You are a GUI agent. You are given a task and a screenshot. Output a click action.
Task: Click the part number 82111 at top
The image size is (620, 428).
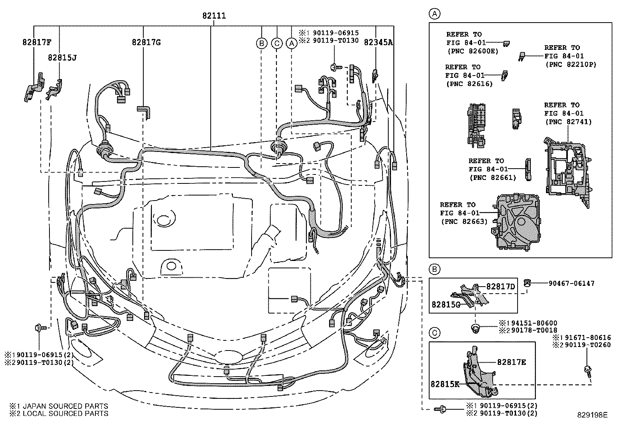point(214,16)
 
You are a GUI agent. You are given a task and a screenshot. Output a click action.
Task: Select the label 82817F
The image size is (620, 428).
point(37,42)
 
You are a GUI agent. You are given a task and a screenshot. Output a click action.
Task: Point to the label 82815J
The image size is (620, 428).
point(62,58)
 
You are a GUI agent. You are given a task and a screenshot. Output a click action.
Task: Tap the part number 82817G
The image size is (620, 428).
point(146,42)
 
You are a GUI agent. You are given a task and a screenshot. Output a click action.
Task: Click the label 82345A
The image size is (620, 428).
point(378,42)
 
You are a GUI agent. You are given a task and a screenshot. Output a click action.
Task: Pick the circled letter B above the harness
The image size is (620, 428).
point(262,43)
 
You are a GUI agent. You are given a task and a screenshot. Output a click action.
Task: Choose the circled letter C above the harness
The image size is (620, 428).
point(277,43)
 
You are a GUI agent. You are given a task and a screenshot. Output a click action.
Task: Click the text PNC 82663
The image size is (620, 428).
point(464,222)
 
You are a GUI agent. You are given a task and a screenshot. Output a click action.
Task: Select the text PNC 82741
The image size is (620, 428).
point(568,122)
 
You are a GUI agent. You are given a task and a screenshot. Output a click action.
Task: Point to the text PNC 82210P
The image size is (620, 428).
point(571,64)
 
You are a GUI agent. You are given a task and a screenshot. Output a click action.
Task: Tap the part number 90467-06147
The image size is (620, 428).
point(571,284)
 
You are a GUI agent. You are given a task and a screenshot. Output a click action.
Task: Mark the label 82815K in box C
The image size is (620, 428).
point(445,384)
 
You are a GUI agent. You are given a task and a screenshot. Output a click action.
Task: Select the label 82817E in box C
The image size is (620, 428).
point(511,362)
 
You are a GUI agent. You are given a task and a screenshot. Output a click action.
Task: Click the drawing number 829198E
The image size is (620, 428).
point(592,415)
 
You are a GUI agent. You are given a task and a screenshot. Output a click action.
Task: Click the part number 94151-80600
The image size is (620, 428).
point(532,323)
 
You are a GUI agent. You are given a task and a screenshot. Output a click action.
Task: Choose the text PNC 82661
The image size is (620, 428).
point(493,178)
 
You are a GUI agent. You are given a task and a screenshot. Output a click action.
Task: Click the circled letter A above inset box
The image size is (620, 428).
point(435,14)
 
